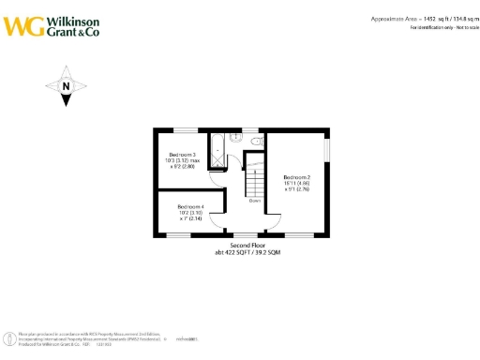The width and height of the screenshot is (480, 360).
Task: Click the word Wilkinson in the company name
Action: pyautogui.click(x=70, y=18)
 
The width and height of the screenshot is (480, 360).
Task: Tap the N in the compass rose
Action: pyautogui.click(x=66, y=87)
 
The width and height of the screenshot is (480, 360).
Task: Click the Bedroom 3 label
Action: pyautogui.click(x=182, y=154)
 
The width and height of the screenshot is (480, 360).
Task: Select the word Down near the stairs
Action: pyautogui.click(x=254, y=200)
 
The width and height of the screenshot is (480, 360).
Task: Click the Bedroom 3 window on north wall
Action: pyautogui.click(x=190, y=129)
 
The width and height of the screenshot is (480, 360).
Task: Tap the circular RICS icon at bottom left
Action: pyautogui.click(x=9, y=337)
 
